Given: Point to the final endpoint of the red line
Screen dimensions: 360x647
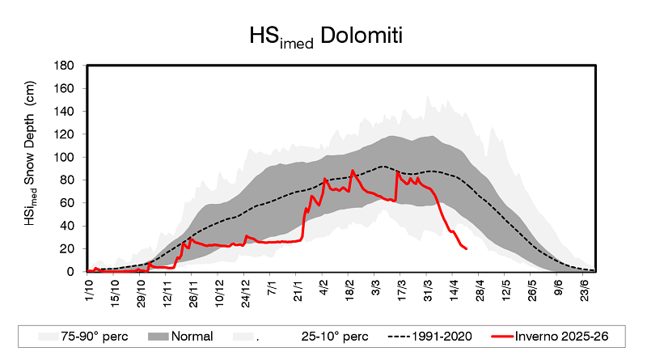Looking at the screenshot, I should [x=466, y=248].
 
